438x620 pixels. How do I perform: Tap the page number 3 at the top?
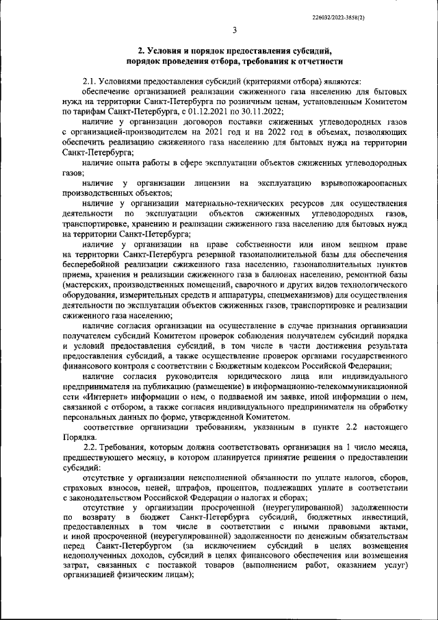pos(234,29)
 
